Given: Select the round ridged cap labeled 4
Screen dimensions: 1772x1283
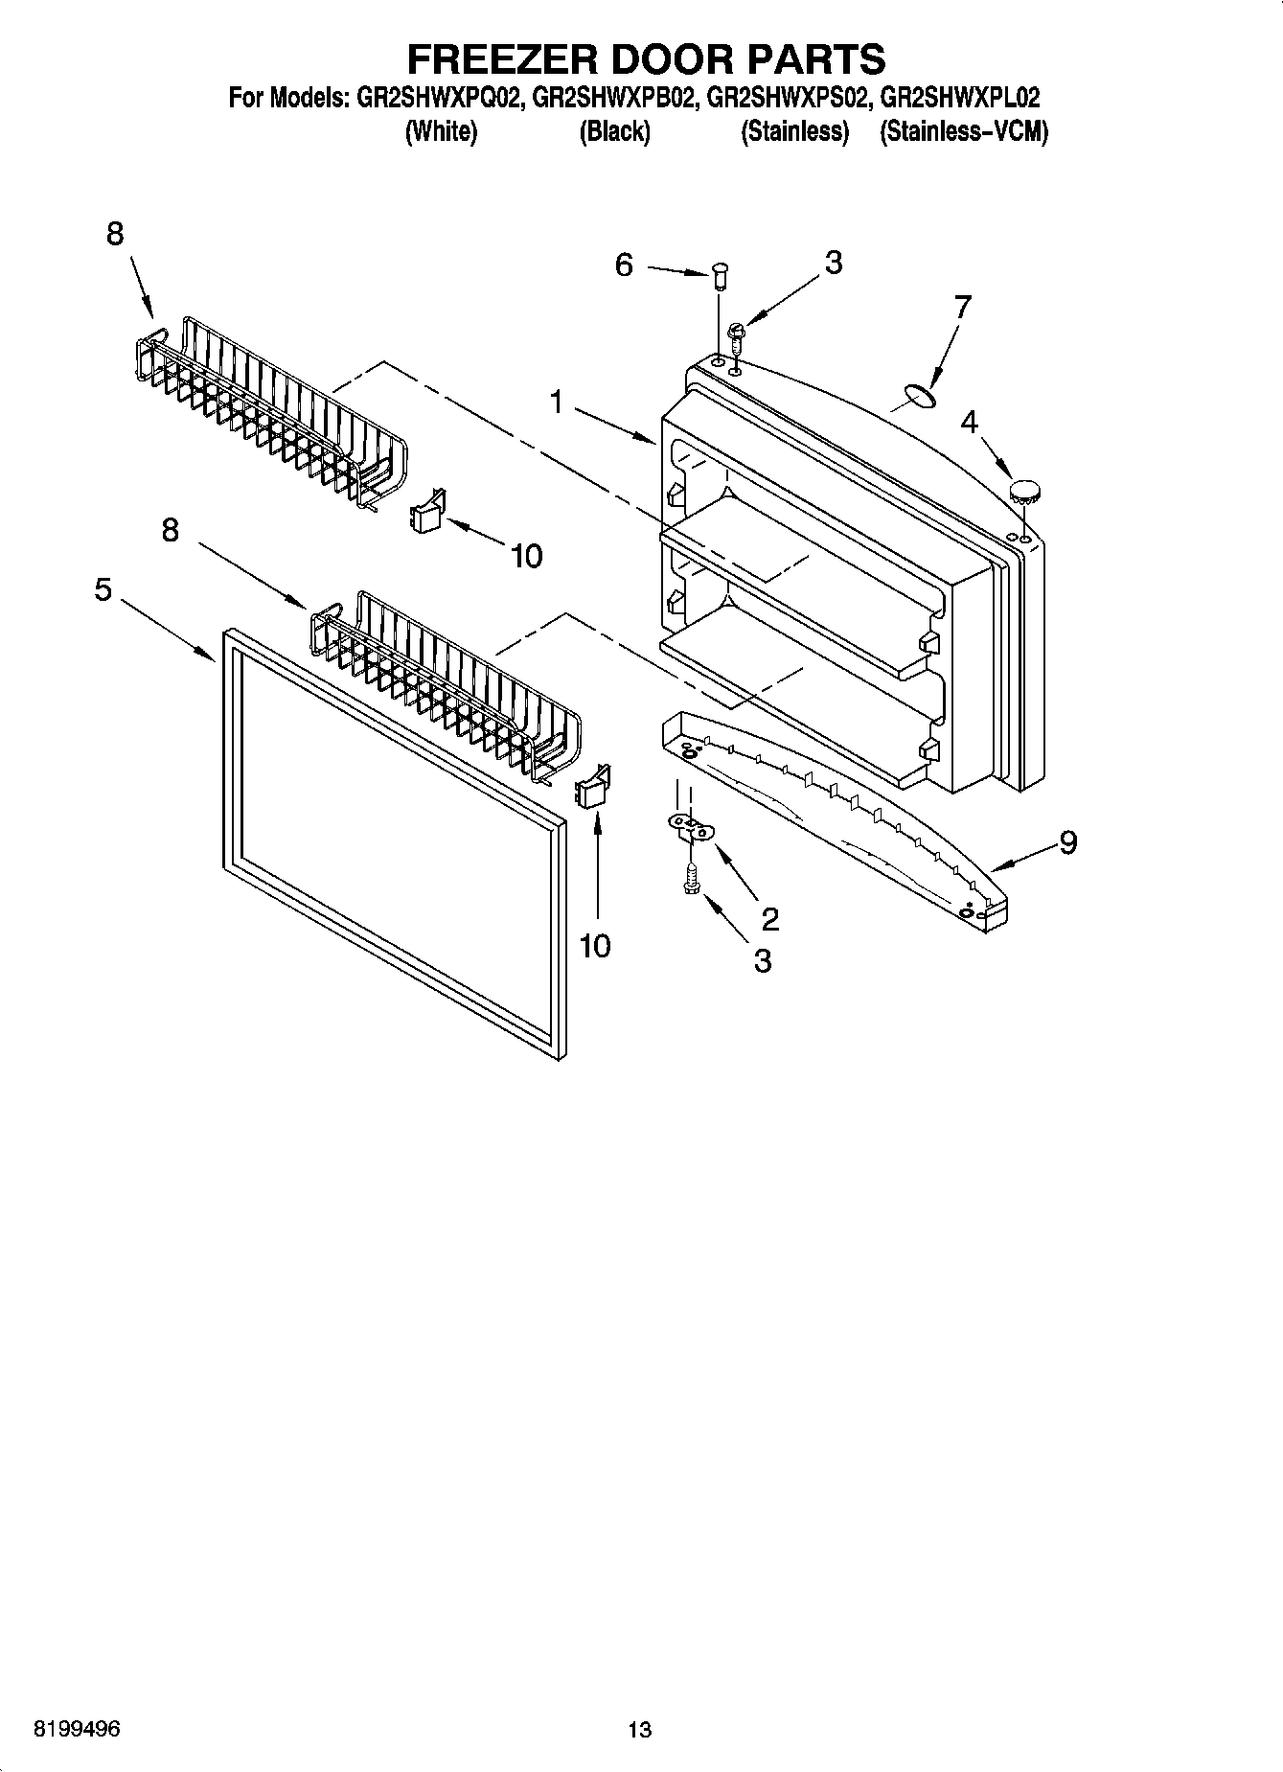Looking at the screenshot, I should [x=1025, y=492].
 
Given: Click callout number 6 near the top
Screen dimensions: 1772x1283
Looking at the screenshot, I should [x=624, y=265].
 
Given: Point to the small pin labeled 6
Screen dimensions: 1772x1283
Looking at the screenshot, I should [x=720, y=279].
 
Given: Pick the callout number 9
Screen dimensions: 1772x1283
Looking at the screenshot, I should [x=1068, y=842].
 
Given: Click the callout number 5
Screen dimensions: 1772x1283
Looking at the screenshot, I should [x=103, y=589].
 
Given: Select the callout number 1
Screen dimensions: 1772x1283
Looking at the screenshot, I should [x=557, y=403].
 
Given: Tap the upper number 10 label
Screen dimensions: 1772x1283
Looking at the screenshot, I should [x=527, y=555].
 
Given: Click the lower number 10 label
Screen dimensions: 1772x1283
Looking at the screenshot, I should [x=595, y=946].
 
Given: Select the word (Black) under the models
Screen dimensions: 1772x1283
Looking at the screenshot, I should [x=614, y=132].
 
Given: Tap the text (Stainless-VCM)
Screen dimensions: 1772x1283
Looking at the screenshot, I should [x=963, y=132].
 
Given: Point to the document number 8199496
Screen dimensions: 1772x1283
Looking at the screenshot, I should [x=77, y=1730].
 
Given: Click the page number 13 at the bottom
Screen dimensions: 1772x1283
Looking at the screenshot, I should [x=640, y=1730].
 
